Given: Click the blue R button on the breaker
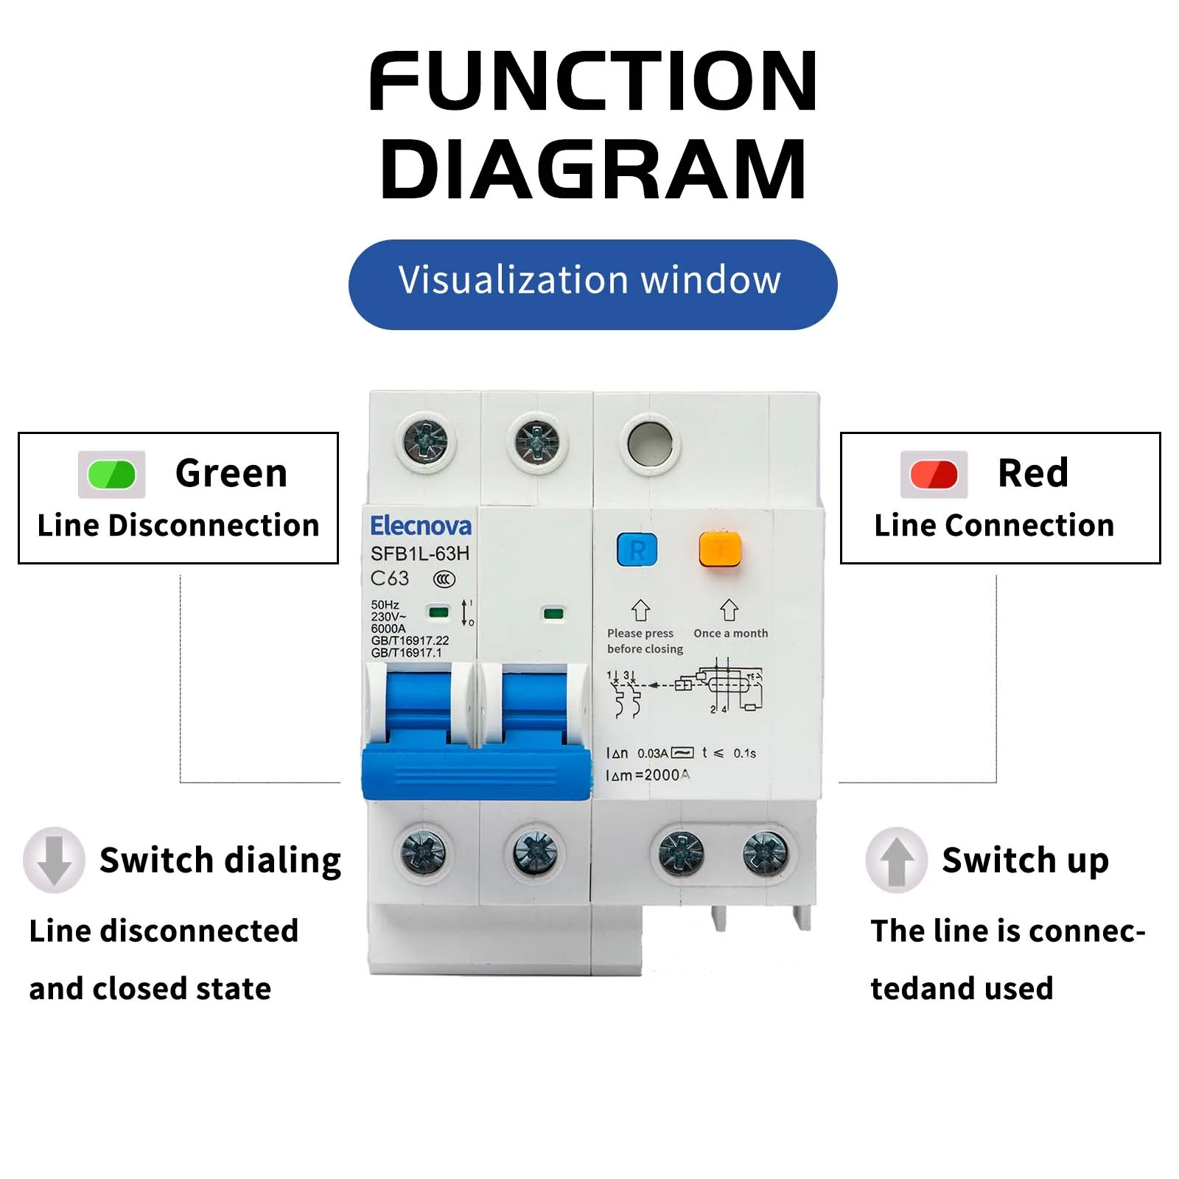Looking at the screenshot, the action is (x=637, y=550).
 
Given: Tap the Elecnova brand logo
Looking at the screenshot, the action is (x=420, y=526).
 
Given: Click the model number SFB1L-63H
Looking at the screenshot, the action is (x=419, y=553).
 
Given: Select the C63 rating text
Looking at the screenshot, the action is (x=390, y=578).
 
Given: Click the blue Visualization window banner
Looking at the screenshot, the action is (x=592, y=284).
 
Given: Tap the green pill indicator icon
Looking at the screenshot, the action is (x=111, y=475).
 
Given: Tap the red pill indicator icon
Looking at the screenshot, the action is (x=934, y=475).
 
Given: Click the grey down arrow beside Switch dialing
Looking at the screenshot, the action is (x=54, y=860).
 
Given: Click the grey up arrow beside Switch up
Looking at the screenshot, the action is (x=896, y=860).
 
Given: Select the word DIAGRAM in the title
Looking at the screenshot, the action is (x=593, y=169).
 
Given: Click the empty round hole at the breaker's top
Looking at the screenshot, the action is (x=650, y=444).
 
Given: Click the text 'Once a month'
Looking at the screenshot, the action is (x=730, y=633).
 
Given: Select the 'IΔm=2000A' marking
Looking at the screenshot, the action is (x=648, y=775).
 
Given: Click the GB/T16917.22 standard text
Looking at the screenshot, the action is (x=410, y=640).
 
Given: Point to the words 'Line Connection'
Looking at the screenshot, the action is (x=994, y=525).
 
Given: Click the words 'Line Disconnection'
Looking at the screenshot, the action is (x=178, y=525).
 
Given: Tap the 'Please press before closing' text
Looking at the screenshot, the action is (x=644, y=641).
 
